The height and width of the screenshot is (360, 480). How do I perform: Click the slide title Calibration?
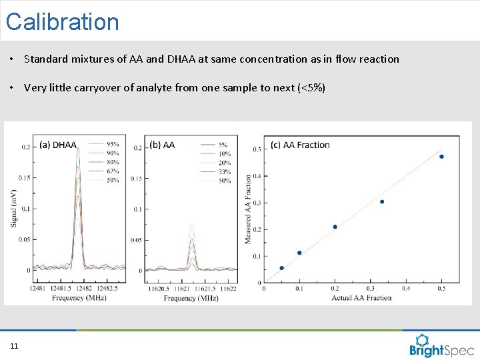tap(62, 22)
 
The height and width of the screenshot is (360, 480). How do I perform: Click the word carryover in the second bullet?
tap(96, 87)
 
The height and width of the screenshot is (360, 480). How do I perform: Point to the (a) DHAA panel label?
tap(58, 145)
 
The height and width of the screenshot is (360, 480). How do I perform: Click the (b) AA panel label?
tap(162, 145)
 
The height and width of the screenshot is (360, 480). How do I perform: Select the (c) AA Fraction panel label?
tap(300, 145)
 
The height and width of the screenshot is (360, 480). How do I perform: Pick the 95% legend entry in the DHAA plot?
tap(113, 144)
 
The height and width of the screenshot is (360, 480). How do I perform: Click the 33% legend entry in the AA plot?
tap(224, 172)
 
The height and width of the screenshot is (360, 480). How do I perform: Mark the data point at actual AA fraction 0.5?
tap(441, 157)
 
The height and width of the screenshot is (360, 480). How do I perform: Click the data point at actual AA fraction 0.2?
tap(335, 227)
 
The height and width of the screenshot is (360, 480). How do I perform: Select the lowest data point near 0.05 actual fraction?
tap(281, 268)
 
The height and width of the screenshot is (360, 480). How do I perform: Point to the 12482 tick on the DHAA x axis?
tap(84, 289)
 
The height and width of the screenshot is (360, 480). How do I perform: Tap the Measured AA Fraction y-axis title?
tap(249, 209)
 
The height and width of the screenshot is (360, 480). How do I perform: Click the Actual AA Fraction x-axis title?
tap(361, 297)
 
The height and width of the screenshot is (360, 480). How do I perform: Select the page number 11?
tap(14, 345)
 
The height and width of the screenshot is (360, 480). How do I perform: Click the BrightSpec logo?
tap(442, 345)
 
